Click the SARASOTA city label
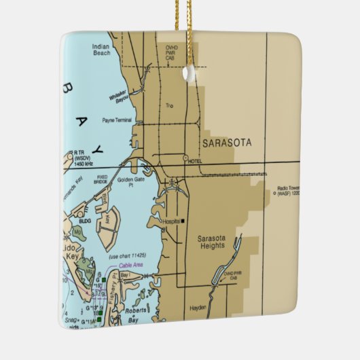(226, 143)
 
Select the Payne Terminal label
(117, 120)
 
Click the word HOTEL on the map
(195, 160)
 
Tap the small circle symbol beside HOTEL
(185, 158)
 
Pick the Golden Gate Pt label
(130, 183)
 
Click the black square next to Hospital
(183, 221)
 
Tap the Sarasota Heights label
(215, 242)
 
